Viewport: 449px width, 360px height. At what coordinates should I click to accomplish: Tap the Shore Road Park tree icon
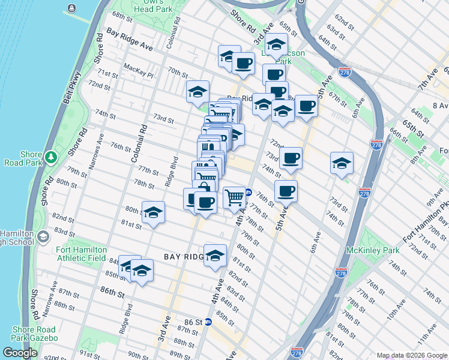[x=52, y=157]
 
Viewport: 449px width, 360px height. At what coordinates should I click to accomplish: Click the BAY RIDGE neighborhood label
[x=184, y=256]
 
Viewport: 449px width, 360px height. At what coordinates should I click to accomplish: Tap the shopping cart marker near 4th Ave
[x=234, y=197]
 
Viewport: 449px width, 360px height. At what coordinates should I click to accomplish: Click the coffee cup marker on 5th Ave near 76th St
[x=286, y=191]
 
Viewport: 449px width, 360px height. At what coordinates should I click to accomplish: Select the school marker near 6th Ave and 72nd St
[x=342, y=163]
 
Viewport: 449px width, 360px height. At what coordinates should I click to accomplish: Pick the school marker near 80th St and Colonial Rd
[x=153, y=212]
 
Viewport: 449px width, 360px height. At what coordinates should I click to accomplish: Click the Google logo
[x=20, y=352]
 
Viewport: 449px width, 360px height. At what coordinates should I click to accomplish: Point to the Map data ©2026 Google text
[x=411, y=355]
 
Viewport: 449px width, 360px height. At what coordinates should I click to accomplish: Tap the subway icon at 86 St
[x=208, y=322]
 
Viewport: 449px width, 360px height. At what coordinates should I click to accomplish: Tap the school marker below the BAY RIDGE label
[x=215, y=256]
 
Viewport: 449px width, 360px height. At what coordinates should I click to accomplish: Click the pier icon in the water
[x=72, y=8]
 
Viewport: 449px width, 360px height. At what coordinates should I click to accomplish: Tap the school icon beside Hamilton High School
[x=43, y=236]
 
